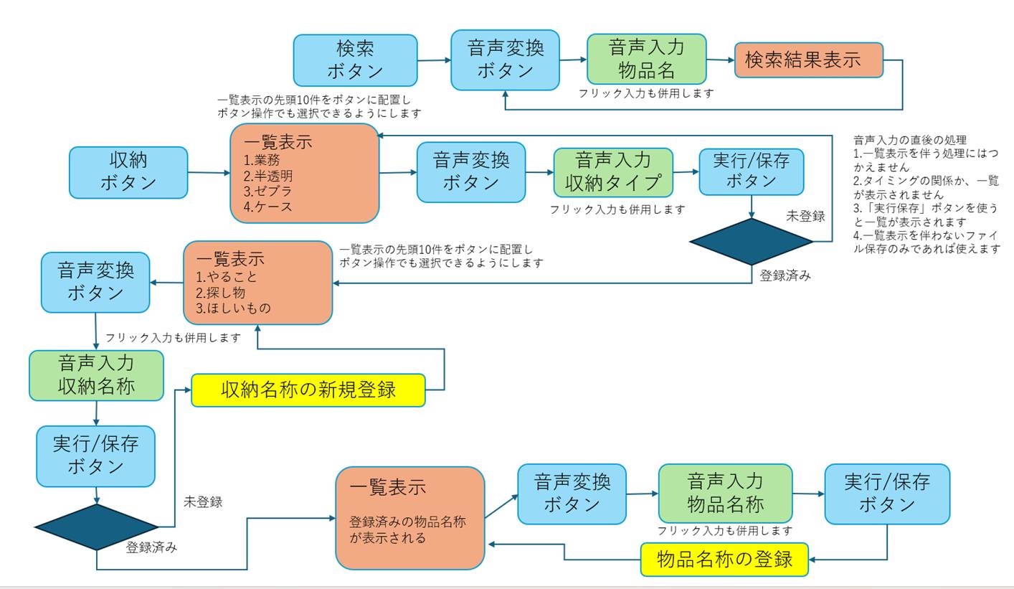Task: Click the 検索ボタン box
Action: pyautogui.click(x=355, y=60)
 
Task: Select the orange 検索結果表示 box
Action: pyautogui.click(x=808, y=60)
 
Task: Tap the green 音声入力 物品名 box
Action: pyautogui.click(x=646, y=60)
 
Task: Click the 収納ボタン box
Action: pyautogui.click(x=128, y=172)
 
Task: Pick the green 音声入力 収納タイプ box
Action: pyautogui.click(x=613, y=172)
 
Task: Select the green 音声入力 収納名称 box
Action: pyautogui.click(x=96, y=374)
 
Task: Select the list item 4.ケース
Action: pyautogui.click(x=267, y=207)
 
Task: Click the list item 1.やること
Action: pyautogui.click(x=226, y=277)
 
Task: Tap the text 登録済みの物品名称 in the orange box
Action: pyautogui.click(x=407, y=522)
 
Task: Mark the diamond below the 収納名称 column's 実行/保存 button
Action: pyautogui.click(x=96, y=527)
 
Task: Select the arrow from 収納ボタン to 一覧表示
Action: pyautogui.click(x=209, y=172)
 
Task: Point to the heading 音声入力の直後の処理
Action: pyautogui.click(x=910, y=139)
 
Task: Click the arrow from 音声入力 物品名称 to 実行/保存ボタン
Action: pyautogui.click(x=808, y=494)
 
